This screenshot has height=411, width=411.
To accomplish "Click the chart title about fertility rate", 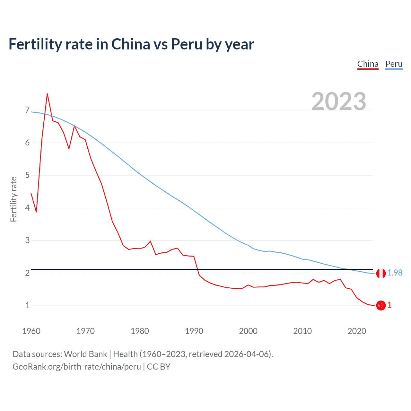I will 131,44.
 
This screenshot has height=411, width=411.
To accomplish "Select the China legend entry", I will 368,64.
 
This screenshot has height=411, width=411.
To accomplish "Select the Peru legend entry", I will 394,64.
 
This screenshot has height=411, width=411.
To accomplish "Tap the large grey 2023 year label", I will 338,101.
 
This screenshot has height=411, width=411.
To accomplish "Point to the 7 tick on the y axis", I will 27,110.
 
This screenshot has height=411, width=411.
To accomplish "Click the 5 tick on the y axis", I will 27,175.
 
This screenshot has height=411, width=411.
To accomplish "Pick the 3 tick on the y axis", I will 27,240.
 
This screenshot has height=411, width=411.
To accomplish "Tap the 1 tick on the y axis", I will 27,305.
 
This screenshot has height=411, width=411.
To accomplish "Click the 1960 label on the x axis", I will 31,331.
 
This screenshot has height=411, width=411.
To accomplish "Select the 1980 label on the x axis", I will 140,331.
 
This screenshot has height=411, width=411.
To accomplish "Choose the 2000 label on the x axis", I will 248,331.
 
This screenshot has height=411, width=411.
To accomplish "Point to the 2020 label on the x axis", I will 357,331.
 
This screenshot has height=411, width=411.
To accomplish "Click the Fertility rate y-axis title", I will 13,199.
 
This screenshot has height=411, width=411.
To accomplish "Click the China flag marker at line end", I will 380,305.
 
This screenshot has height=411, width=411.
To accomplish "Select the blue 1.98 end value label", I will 395,273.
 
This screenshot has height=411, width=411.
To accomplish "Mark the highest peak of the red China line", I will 47,94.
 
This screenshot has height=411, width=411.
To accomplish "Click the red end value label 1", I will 389,305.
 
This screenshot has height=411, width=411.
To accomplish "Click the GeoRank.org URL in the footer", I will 77,367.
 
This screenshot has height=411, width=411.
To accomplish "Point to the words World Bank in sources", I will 85,354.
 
